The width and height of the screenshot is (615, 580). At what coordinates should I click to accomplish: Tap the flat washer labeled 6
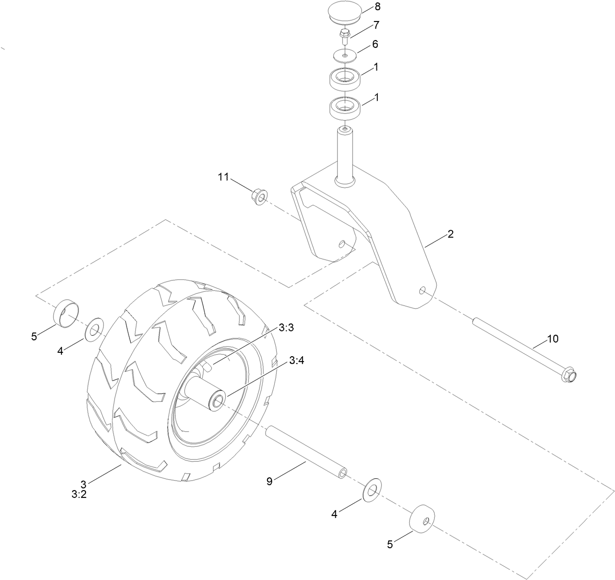point(345,56)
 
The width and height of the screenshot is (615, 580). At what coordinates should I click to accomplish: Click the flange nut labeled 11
point(259,197)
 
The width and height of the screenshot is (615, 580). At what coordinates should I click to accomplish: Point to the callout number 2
point(450,234)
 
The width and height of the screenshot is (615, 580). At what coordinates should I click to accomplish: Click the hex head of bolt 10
point(570,375)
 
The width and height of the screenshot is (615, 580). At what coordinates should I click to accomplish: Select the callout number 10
point(552,339)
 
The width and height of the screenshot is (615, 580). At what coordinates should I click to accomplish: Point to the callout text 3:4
point(296,360)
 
